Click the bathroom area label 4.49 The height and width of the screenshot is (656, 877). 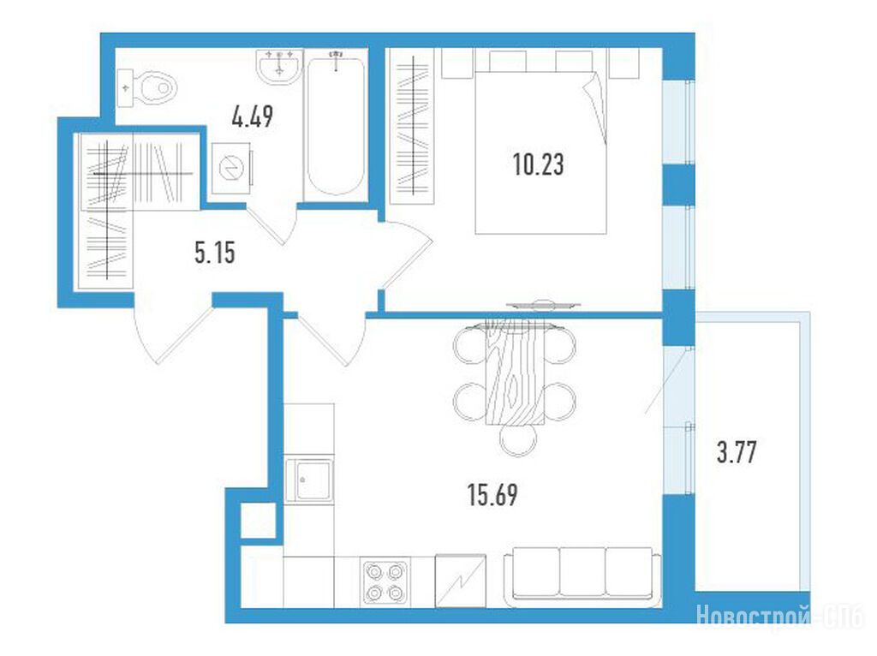coord(253,116)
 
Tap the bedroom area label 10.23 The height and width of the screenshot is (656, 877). coord(538,164)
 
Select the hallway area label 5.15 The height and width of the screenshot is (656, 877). coord(215,253)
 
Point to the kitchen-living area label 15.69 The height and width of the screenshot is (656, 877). coord(492,495)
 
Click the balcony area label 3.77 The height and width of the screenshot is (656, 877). coord(737,452)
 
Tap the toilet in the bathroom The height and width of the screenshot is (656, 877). coord(147,88)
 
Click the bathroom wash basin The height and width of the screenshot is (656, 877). coord(280,67)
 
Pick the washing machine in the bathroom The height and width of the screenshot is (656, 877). coord(231,168)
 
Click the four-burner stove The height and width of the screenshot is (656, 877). coord(386,581)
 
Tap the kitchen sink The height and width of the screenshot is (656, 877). coord(309,480)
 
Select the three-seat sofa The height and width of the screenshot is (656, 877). coord(582,576)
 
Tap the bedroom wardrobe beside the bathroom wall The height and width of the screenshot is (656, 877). coord(413,126)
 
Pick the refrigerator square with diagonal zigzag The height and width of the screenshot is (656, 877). coord(460,581)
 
